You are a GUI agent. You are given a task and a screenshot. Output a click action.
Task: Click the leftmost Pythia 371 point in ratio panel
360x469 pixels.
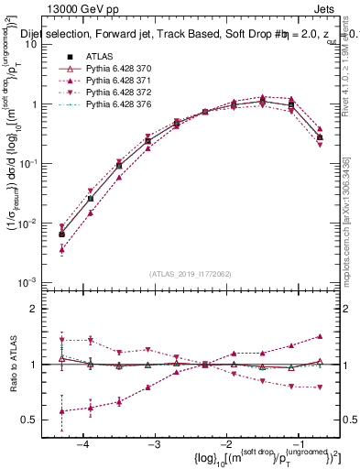point(61,412)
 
